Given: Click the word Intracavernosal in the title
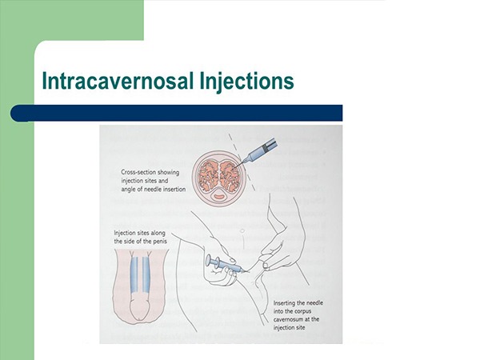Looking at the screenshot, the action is coord(118,81).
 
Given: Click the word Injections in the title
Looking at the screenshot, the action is coord(246,82).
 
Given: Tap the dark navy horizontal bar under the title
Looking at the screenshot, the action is coord(176,113).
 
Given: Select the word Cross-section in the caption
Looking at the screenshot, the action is coord(137,172).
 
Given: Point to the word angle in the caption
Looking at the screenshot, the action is coord(128,190).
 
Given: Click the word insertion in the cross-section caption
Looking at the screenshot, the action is coord(173,189).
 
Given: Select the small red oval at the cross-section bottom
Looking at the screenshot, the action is coord(219,197).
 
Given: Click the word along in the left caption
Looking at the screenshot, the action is coord(158,234).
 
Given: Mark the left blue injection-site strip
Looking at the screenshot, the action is coord(134,274).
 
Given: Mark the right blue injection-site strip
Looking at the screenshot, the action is coord(146,274).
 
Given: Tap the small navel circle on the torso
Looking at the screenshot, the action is coord(242,230).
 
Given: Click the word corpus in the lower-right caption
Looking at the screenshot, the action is coord(302,311).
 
